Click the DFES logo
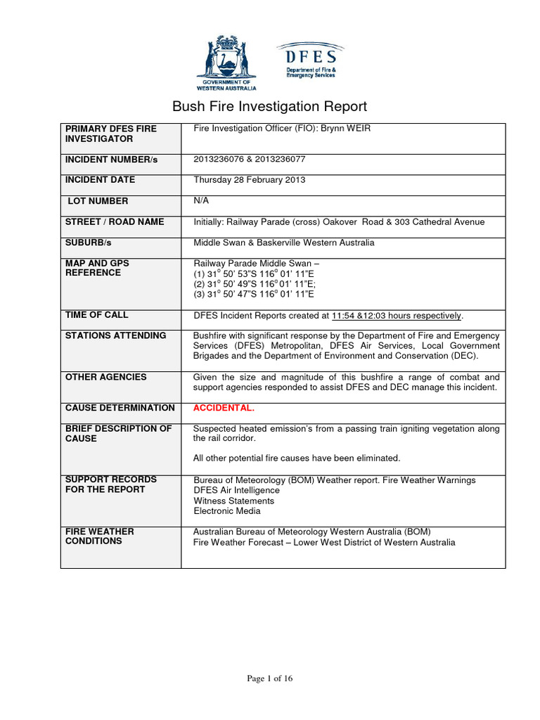[309, 60]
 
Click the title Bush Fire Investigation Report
[270, 107]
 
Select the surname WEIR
[359, 129]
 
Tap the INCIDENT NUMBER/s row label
[111, 160]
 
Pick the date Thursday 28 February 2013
[249, 180]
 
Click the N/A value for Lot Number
[201, 200]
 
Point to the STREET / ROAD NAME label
[115, 221]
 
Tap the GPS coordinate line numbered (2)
[254, 284]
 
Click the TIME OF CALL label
[97, 315]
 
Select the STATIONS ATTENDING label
[115, 335]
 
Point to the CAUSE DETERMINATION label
[120, 408]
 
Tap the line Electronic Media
[226, 511]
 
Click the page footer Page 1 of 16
[269, 679]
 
